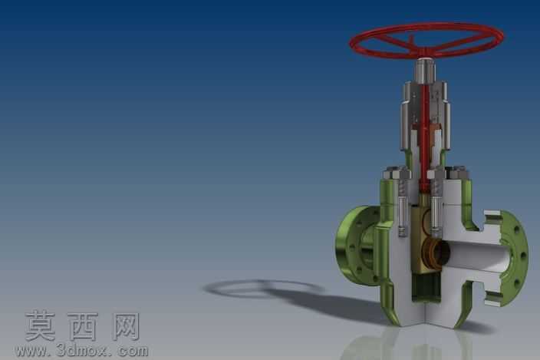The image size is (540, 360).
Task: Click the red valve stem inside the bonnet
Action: [425, 138]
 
